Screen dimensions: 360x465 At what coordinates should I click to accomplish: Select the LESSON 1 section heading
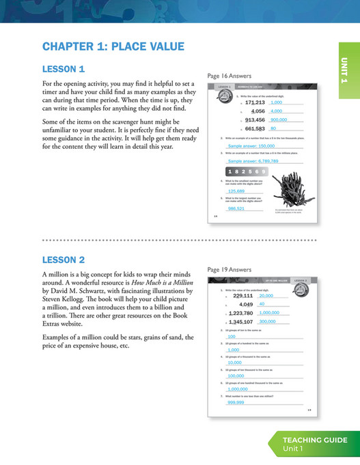click(x=64, y=69)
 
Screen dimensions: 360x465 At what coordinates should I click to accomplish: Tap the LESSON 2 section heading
click(x=64, y=259)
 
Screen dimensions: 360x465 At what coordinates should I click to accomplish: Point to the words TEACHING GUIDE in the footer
click(x=315, y=440)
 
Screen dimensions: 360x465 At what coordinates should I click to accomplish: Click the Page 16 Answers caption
click(x=230, y=76)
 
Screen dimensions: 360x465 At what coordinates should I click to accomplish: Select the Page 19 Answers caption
click(x=230, y=270)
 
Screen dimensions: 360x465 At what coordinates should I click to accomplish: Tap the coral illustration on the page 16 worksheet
click(x=285, y=185)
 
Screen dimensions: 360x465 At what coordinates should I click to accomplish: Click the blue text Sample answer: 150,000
click(x=251, y=145)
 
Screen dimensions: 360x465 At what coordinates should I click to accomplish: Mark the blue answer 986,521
click(x=236, y=208)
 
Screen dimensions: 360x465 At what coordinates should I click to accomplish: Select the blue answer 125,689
click(x=236, y=191)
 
